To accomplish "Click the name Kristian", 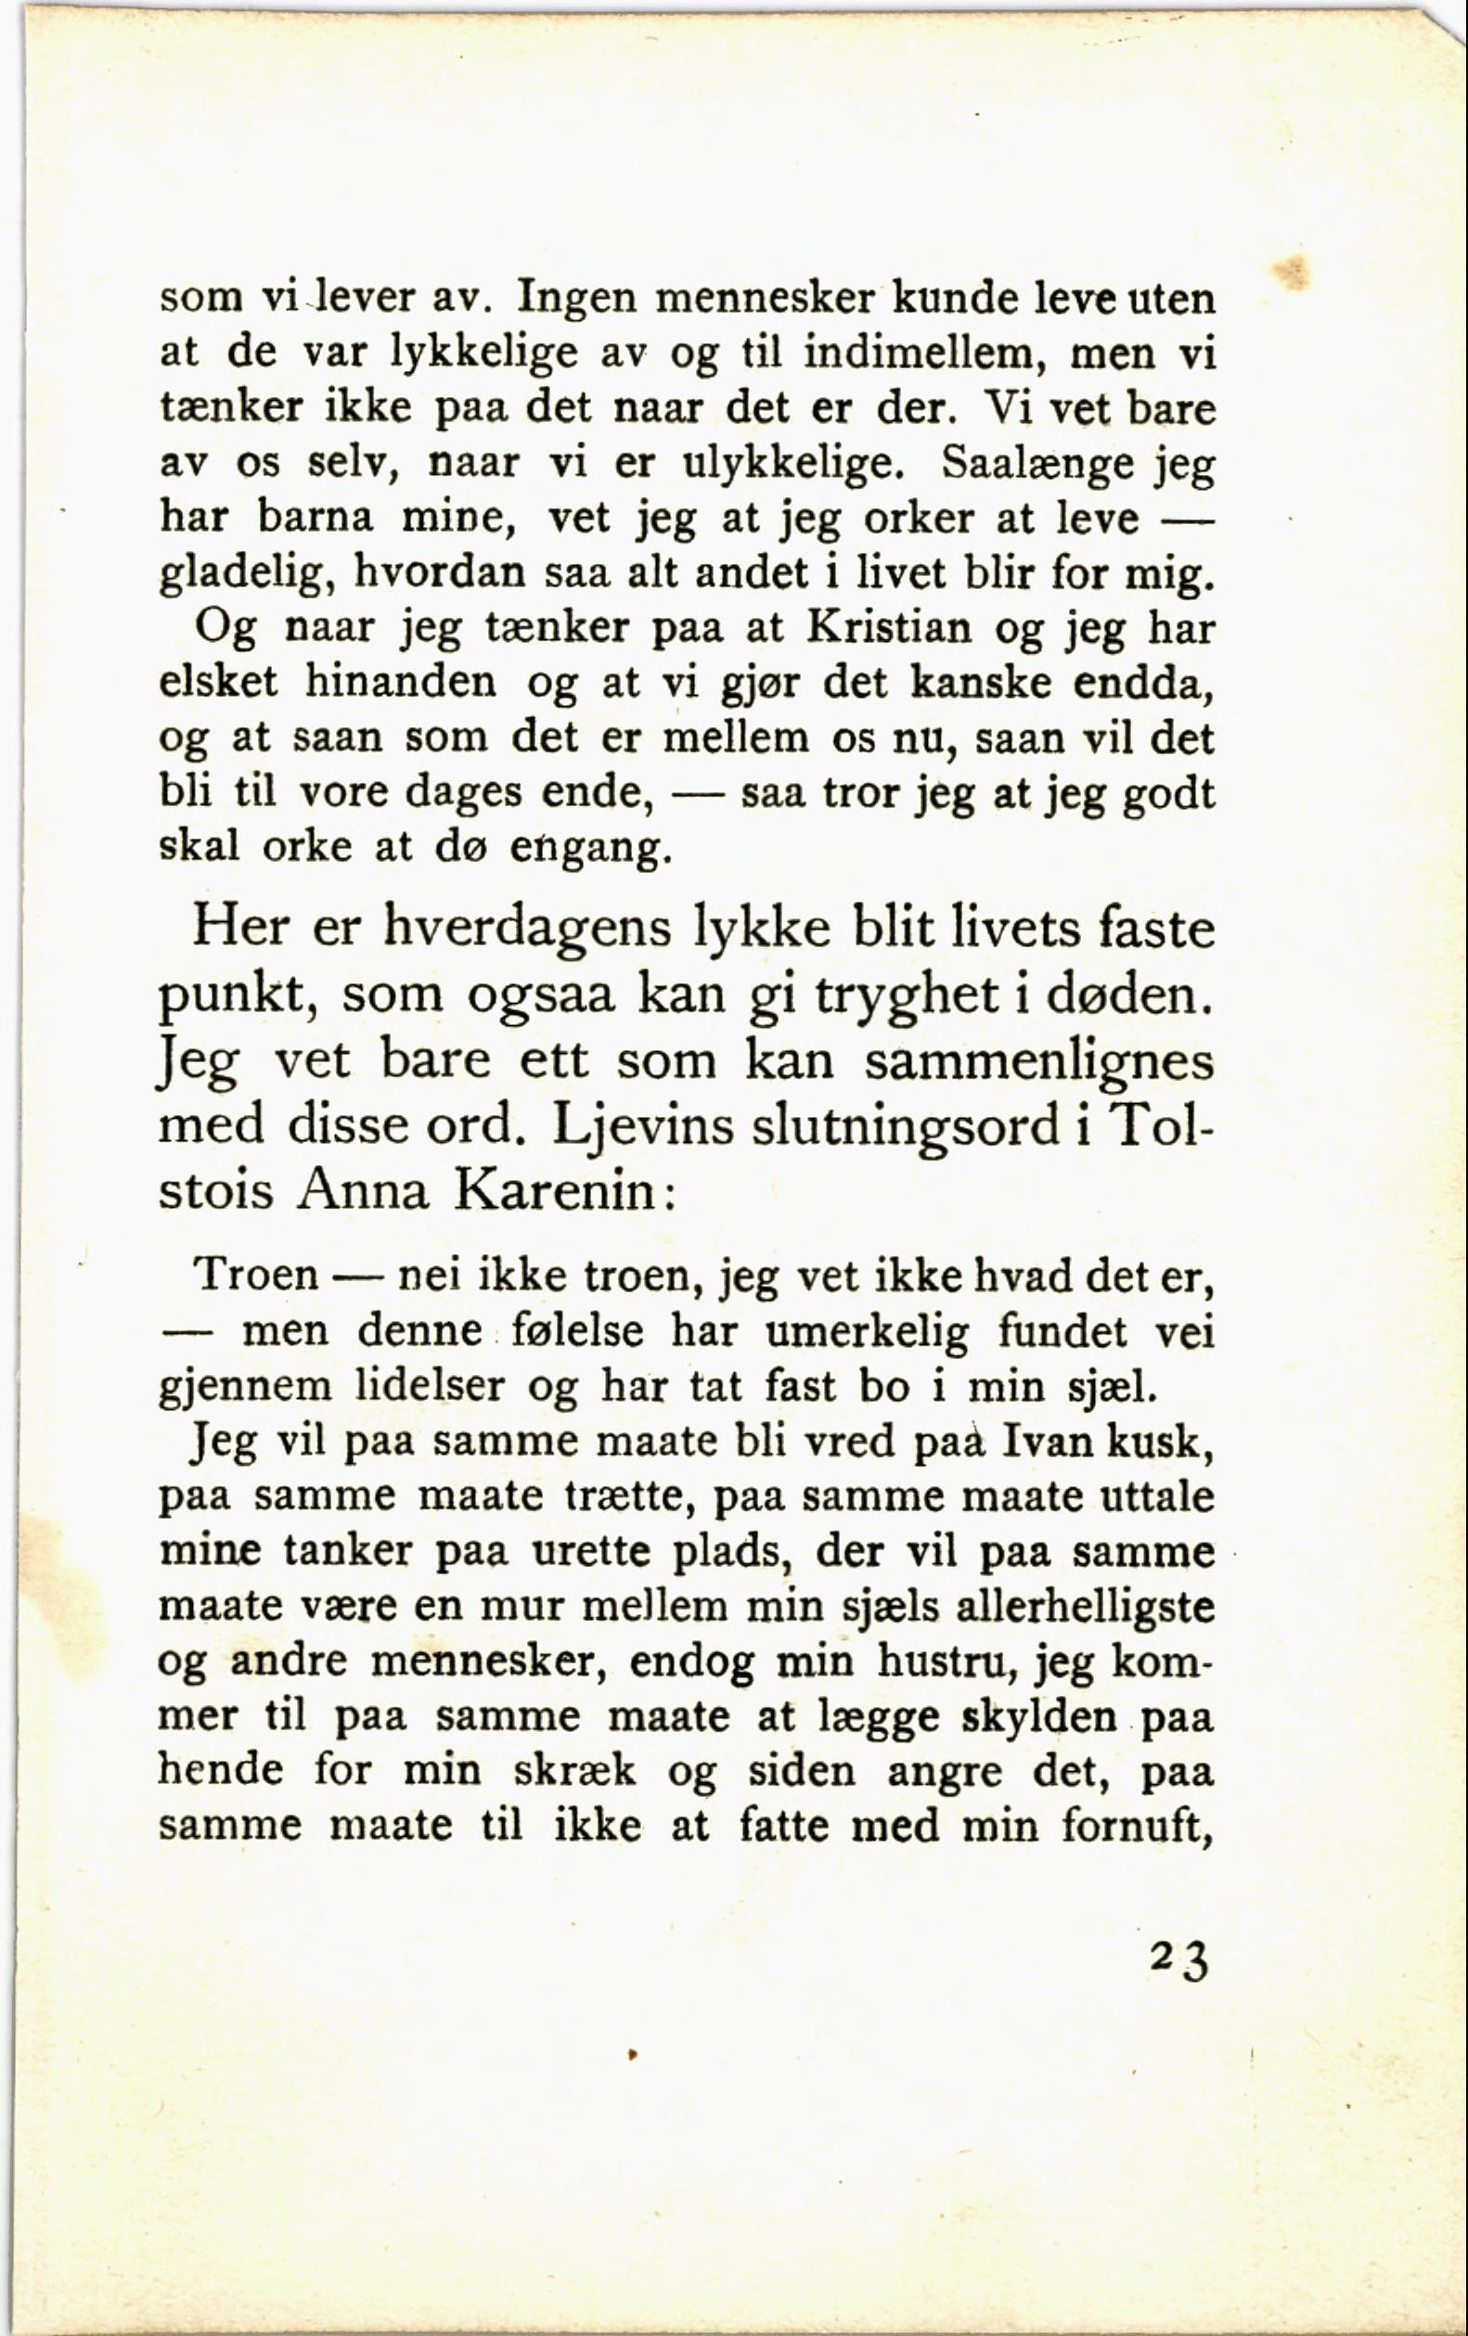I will [x=889, y=630].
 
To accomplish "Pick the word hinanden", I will [x=401, y=684].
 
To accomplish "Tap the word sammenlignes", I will [x=1039, y=1061].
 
